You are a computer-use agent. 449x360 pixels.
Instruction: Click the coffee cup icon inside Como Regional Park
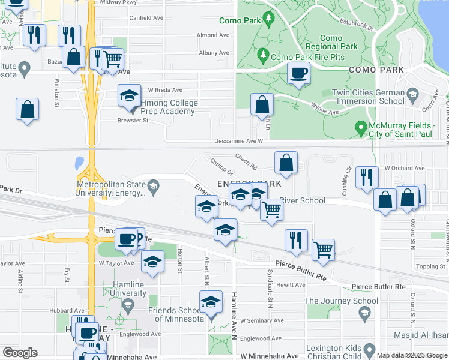pyautogui.click(x=298, y=74)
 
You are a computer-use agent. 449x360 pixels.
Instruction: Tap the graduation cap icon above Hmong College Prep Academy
pyautogui.click(x=129, y=96)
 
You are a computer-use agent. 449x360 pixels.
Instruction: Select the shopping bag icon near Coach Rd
pyautogui.click(x=286, y=162)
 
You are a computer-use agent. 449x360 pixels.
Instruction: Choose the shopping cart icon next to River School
pyautogui.click(x=271, y=210)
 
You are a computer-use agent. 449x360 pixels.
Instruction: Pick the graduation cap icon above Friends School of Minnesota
pyautogui.click(x=211, y=302)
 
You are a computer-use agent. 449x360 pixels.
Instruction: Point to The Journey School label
pyautogui.click(x=333, y=301)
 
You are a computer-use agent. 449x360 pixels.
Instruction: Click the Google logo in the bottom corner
pyautogui.click(x=20, y=352)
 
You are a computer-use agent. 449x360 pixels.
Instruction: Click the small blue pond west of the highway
pyautogui.click(x=79, y=163)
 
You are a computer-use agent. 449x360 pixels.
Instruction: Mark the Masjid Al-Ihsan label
pyautogui.click(x=420, y=334)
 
